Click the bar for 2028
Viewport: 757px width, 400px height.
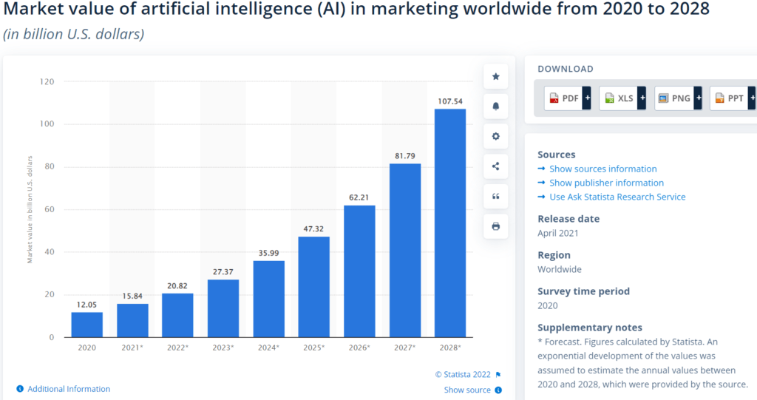click(449, 223)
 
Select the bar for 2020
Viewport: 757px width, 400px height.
click(87, 325)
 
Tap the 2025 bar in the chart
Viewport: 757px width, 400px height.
click(314, 287)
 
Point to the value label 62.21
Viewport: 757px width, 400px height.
click(359, 197)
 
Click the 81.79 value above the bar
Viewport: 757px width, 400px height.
click(405, 155)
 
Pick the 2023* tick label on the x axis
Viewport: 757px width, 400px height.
click(223, 348)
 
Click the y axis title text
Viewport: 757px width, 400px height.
click(30, 209)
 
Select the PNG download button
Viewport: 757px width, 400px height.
click(677, 98)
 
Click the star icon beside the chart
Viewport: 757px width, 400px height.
click(496, 76)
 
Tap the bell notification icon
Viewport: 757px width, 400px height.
click(496, 106)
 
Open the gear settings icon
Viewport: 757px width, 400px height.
click(496, 136)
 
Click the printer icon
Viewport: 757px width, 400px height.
click(496, 226)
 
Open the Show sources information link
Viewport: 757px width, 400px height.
click(602, 169)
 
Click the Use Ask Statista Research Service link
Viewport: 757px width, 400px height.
click(617, 197)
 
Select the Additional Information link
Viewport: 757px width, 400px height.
click(69, 389)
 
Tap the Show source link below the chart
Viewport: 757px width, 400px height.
click(467, 390)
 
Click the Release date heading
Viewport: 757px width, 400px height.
click(568, 219)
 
